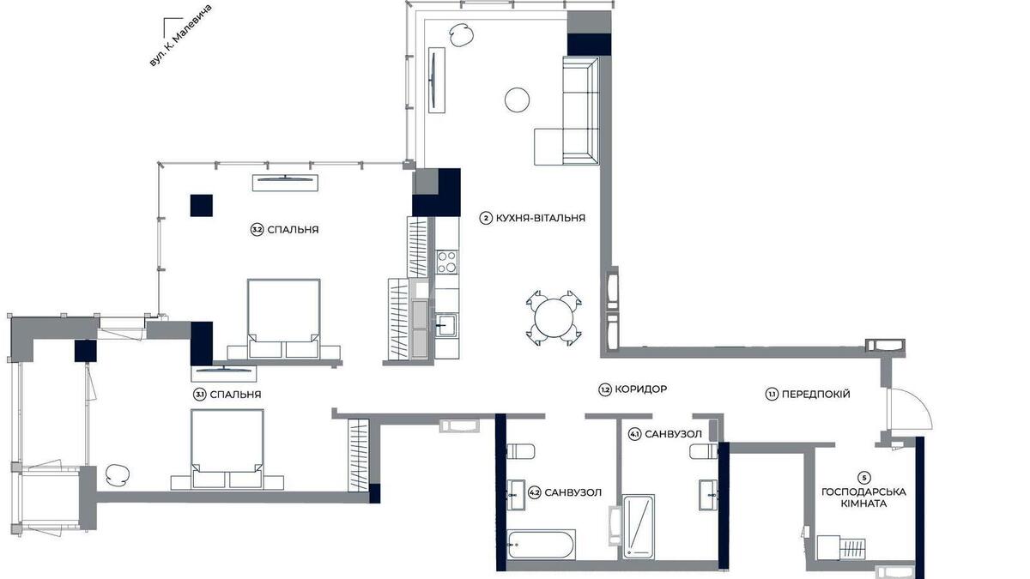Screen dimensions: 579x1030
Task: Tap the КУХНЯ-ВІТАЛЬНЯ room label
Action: (x=540, y=218)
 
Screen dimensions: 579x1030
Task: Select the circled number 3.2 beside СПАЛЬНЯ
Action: (x=257, y=230)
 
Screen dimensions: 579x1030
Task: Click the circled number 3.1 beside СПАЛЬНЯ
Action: (x=199, y=395)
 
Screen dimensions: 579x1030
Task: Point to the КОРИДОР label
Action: (x=639, y=389)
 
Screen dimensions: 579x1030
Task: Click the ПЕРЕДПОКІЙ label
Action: (x=815, y=395)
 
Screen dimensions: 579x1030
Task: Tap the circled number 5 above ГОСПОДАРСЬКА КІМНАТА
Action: (x=863, y=477)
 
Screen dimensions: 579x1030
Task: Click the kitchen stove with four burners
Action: (x=446, y=261)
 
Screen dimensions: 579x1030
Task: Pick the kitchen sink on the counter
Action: (x=445, y=325)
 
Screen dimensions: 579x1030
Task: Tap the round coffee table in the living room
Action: (x=518, y=100)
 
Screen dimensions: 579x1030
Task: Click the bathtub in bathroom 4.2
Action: (x=541, y=545)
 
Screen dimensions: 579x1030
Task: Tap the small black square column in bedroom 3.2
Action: (x=201, y=206)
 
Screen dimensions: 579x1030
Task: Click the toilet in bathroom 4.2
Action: (x=523, y=451)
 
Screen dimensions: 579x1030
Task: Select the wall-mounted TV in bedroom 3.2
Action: (x=287, y=180)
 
